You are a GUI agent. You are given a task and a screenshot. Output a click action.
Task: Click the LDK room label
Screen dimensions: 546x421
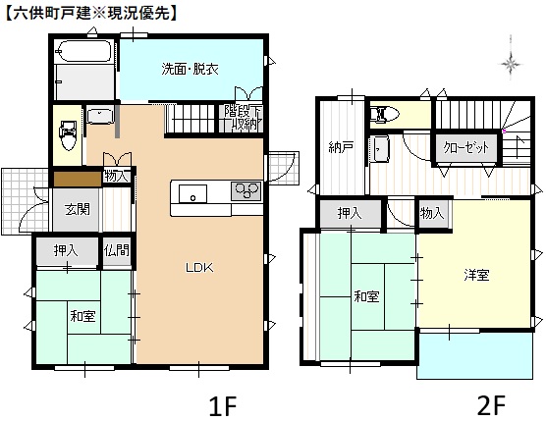(199, 267)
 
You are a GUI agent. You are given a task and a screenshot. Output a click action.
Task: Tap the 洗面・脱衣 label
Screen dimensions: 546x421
(190, 69)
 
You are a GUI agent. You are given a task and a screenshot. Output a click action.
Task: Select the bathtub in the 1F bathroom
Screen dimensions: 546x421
(83, 52)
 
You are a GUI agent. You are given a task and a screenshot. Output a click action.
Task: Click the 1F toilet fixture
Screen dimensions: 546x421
(68, 135)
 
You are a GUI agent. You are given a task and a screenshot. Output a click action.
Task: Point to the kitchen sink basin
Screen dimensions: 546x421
(192, 193)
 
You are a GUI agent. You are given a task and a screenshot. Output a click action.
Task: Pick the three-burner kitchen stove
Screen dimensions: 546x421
(246, 191)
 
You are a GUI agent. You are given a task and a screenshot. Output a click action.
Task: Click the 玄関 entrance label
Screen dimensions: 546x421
(78, 209)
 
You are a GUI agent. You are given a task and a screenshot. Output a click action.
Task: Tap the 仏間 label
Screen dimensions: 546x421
(117, 250)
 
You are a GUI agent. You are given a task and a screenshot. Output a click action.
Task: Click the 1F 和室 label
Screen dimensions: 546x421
(82, 316)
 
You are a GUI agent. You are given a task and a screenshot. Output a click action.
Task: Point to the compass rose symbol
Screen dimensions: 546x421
(511, 64)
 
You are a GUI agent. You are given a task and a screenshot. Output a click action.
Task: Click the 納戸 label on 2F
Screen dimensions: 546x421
(342, 147)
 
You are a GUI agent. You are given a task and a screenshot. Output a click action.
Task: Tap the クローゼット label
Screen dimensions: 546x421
(465, 147)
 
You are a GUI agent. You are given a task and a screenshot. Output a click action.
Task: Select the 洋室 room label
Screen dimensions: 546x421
(476, 275)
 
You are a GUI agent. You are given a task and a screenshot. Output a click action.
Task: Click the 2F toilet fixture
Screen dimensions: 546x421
(385, 114)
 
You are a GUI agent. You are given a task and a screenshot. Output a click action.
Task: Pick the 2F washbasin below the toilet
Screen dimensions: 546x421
(380, 149)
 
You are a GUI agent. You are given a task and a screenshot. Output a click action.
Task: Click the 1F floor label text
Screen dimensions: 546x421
(223, 405)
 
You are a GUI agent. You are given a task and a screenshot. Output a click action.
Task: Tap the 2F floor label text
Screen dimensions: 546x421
(491, 405)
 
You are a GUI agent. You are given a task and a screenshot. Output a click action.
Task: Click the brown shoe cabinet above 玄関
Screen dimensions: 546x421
(78, 179)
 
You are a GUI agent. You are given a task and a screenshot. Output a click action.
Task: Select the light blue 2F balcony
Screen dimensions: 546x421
(475, 355)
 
